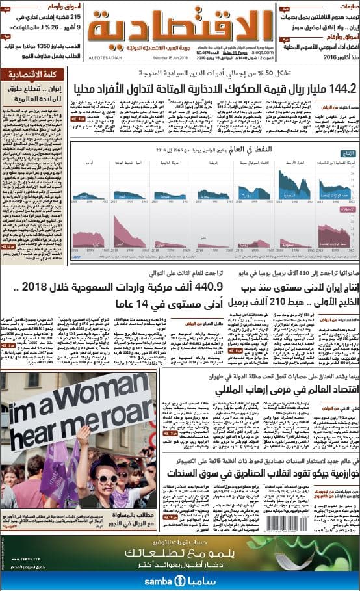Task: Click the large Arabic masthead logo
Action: tap(179, 25)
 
